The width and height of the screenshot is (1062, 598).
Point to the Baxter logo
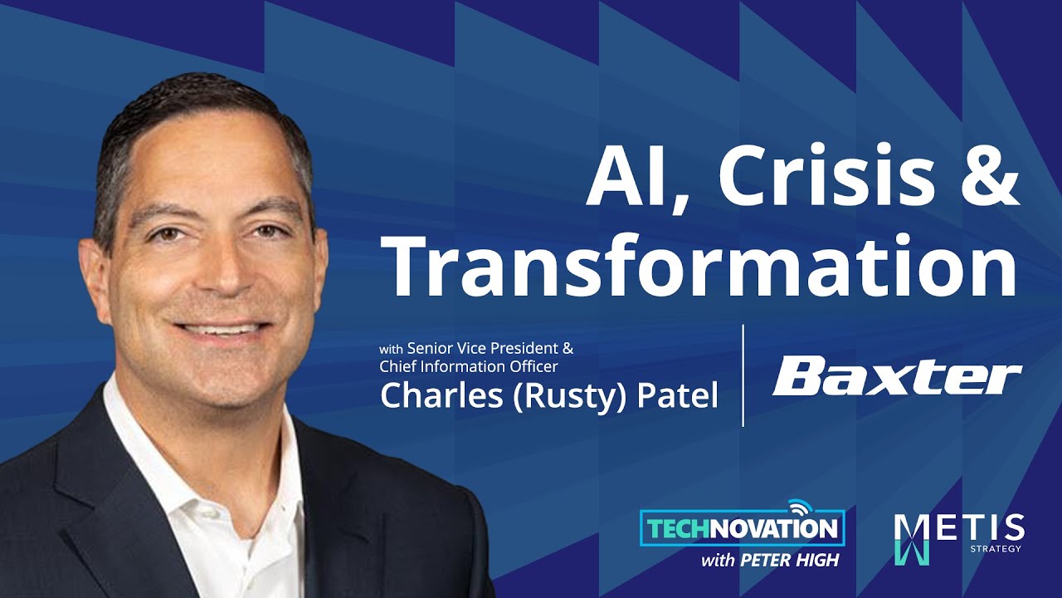tap(897, 377)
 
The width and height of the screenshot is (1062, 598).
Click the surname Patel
tap(677, 395)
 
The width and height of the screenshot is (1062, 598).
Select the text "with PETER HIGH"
tap(770, 561)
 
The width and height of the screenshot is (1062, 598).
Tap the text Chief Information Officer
tap(469, 366)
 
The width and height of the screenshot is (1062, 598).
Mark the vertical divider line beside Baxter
tap(743, 375)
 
